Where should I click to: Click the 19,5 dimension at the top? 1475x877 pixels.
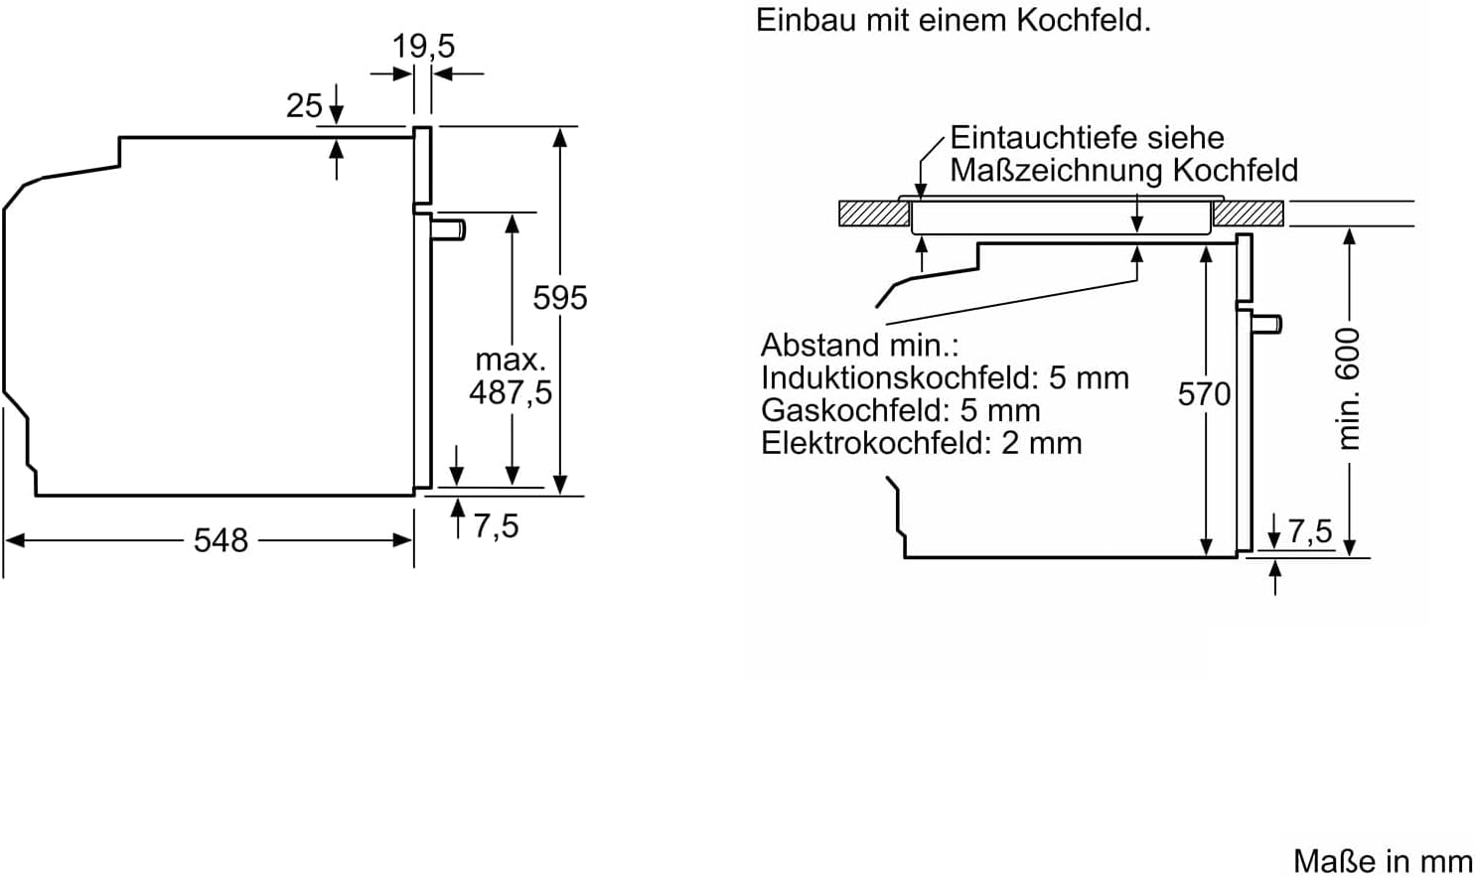(x=423, y=46)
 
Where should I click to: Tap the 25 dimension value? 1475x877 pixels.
(x=304, y=105)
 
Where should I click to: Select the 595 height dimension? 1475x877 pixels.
(x=560, y=297)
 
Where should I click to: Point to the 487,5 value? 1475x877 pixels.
(x=511, y=392)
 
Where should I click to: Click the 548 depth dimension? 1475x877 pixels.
(x=221, y=540)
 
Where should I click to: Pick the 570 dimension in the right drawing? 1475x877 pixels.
(x=1204, y=394)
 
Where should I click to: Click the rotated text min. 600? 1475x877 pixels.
(x=1348, y=388)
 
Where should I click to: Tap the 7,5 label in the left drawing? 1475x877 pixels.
(x=496, y=525)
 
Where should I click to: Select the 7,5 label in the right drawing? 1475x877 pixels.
(x=1310, y=531)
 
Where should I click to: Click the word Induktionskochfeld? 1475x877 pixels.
(x=899, y=377)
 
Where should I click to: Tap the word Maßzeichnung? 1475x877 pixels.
(x=1057, y=170)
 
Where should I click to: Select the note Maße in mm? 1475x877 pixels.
(x=1383, y=860)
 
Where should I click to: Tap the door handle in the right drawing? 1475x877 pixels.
(x=1267, y=323)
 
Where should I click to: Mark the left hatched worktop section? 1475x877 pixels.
(x=874, y=214)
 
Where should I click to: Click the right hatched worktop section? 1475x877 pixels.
(x=1248, y=214)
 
